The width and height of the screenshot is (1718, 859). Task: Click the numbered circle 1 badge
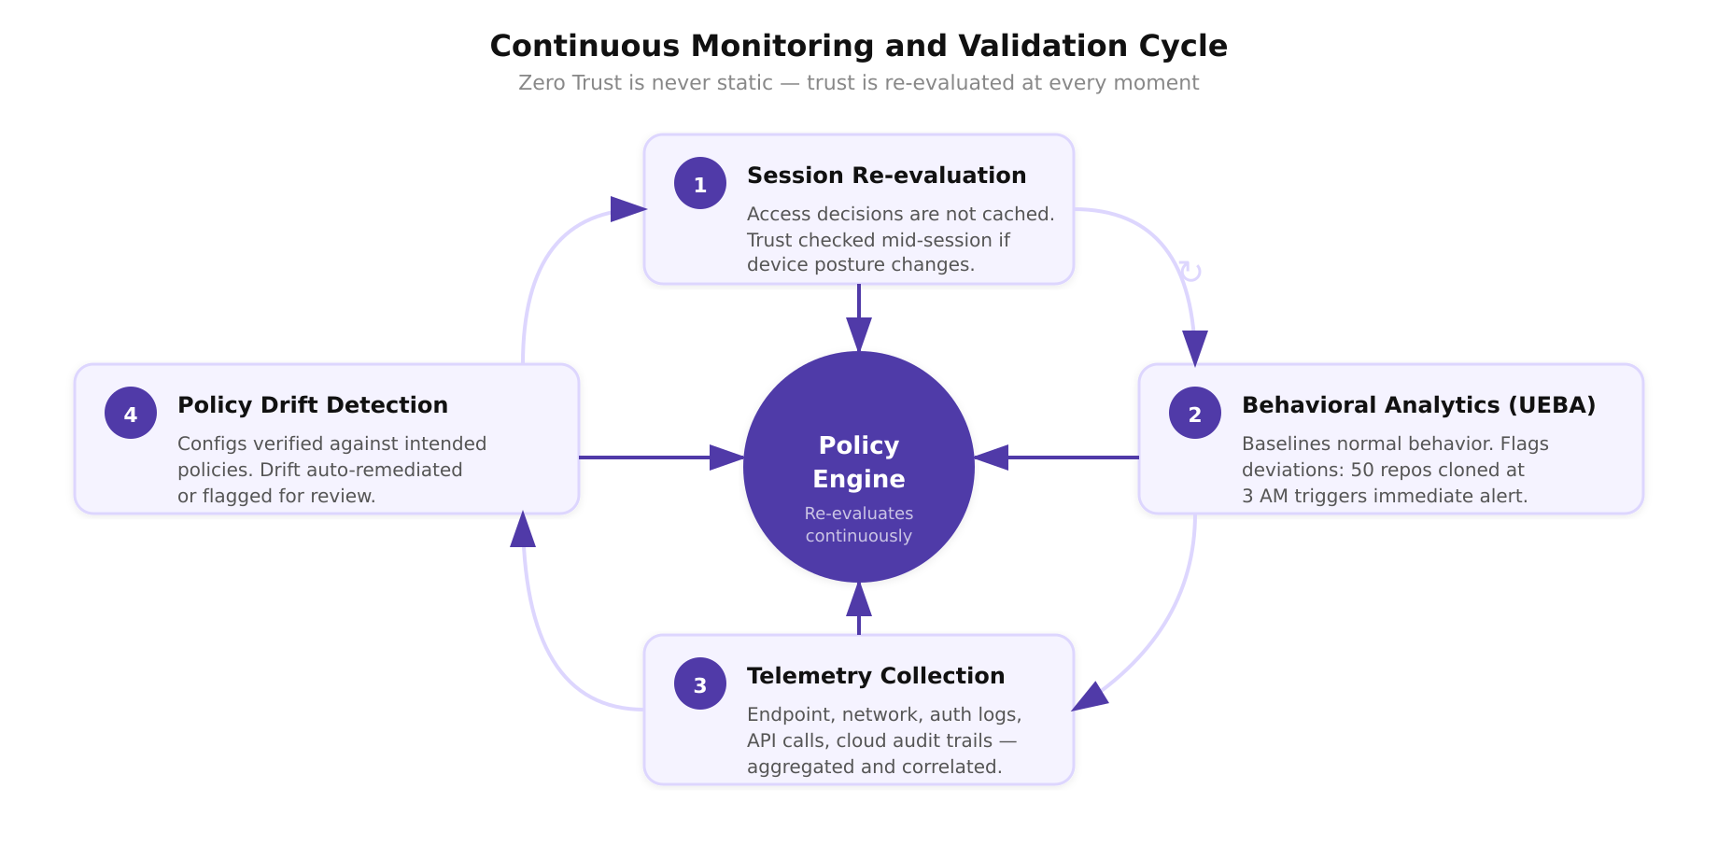tap(700, 183)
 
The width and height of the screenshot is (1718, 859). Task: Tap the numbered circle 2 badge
tap(1195, 413)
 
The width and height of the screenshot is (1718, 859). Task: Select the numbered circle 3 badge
tap(700, 683)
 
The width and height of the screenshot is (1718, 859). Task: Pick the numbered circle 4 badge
tap(131, 413)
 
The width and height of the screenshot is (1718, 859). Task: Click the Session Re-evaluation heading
tap(886, 176)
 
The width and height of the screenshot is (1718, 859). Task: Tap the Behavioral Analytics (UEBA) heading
tap(1418, 405)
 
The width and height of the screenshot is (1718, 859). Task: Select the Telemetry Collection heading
tap(875, 676)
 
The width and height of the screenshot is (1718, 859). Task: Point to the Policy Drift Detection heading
tap(313, 405)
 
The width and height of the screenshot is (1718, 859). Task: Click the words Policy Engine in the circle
tap(859, 462)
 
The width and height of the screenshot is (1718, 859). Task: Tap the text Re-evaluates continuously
tap(859, 525)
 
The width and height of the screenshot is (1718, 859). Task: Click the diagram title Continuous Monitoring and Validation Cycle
tap(858, 46)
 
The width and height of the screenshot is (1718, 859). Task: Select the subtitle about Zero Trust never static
tap(858, 83)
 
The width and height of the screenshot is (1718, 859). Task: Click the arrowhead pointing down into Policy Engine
tap(859, 335)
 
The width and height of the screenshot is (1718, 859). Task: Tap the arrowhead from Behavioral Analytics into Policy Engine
tap(992, 458)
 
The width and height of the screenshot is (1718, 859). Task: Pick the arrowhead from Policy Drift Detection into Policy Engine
tap(726, 458)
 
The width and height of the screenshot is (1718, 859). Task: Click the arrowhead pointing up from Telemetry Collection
tap(859, 599)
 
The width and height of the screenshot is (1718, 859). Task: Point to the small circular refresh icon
tap(1190, 272)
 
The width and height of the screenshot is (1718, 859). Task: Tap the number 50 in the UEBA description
tap(1363, 470)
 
